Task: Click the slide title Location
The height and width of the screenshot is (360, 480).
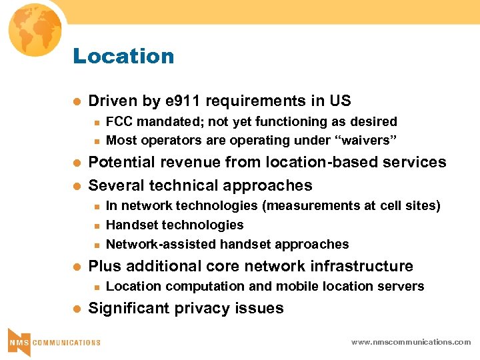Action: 123,56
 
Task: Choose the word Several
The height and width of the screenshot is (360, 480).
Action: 115,185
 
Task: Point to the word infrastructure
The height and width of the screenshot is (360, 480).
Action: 354,267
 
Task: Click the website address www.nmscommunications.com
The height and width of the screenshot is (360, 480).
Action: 411,342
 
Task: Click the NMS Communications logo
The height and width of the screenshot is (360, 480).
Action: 53,341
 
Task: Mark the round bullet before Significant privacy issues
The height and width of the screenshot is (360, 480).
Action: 76,309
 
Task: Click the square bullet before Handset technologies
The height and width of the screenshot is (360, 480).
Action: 96,226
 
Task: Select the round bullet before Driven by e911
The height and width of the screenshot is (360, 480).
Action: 76,102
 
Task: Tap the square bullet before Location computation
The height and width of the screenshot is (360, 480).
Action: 96,287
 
